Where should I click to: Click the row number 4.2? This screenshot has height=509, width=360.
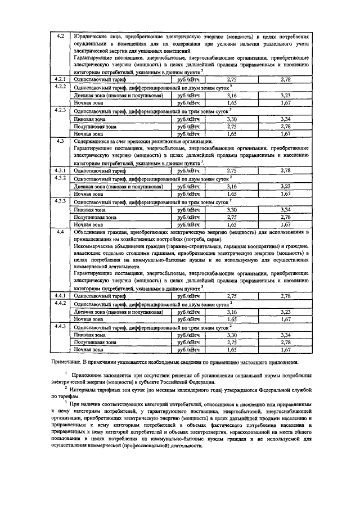click(61, 37)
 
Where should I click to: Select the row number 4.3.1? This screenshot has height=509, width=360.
click(61, 169)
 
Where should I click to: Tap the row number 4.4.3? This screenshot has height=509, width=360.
click(61, 326)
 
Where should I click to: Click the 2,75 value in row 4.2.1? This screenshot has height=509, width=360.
click(231, 81)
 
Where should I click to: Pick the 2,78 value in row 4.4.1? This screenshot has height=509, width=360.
click(285, 295)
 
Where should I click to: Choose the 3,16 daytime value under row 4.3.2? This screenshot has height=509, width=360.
click(231, 185)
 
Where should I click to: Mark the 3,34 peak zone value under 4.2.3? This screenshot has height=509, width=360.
click(285, 119)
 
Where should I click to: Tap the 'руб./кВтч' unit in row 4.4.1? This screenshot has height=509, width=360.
click(188, 295)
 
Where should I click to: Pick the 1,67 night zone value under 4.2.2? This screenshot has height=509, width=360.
click(285, 103)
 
